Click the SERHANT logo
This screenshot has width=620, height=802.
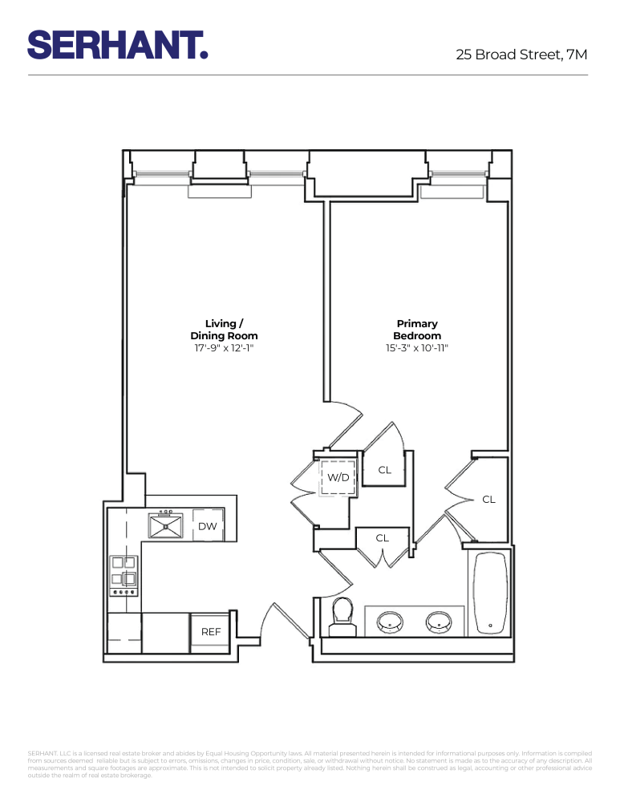coord(118,45)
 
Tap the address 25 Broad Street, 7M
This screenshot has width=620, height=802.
coord(521,55)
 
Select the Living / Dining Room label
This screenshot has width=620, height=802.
coord(224,330)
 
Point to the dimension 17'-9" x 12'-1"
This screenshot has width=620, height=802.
coord(224,349)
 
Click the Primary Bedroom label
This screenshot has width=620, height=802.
coord(416,330)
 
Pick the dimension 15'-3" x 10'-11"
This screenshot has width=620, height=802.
coord(416,349)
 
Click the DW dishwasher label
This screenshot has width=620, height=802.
coord(208,526)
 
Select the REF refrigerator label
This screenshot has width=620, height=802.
coord(210,632)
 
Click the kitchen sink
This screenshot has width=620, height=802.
coord(166,525)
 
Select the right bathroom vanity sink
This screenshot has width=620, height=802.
coord(438,621)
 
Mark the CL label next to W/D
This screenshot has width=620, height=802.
coord(384,470)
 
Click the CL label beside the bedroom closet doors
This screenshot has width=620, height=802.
coord(488,499)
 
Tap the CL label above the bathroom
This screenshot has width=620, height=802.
coord(383,538)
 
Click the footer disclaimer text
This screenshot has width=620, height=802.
coord(310,764)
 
